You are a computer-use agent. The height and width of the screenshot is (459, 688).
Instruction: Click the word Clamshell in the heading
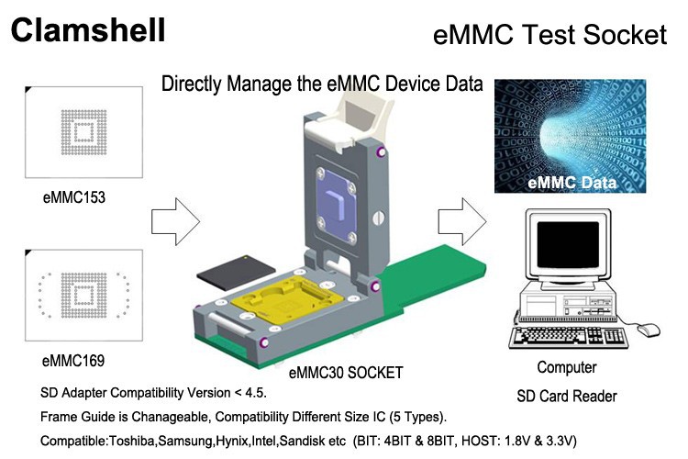[88, 29]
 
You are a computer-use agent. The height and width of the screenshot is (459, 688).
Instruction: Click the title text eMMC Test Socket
[549, 35]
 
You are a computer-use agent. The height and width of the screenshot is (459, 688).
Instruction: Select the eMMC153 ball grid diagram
[83, 134]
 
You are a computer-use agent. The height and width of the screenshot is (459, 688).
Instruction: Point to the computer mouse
[649, 328]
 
